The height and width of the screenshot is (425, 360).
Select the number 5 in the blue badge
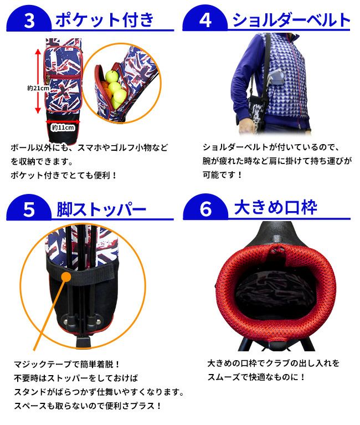pos(29,209)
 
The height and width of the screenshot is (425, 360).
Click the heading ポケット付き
pos(105,19)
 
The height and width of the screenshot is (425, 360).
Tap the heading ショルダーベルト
pos(291,20)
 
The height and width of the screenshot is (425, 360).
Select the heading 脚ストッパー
pos(101,209)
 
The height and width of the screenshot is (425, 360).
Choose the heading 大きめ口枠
pos(275,208)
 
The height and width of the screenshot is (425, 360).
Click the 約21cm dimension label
pos(38,88)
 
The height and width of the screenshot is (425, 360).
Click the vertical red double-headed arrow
pos(38,81)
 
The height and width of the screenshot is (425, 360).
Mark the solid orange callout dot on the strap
pos(66,277)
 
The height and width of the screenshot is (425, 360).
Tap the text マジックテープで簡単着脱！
pos(66,364)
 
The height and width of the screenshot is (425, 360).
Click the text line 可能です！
pos(223,175)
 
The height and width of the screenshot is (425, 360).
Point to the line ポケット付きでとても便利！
pos(63,175)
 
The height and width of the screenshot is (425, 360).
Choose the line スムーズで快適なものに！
pos(256,377)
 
